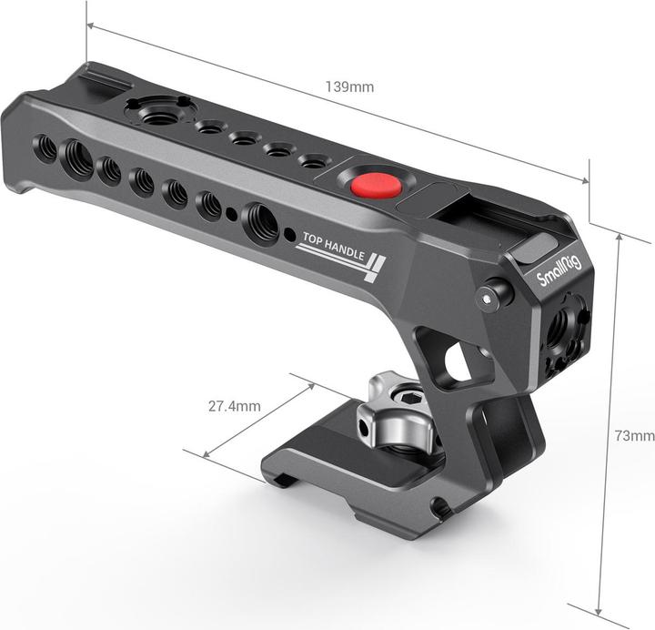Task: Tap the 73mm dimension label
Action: tap(633, 436)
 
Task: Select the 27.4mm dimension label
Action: tap(234, 406)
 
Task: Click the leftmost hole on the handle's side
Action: tap(45, 147)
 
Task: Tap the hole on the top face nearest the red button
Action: tap(313, 162)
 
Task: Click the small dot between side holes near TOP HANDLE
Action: tap(233, 215)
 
